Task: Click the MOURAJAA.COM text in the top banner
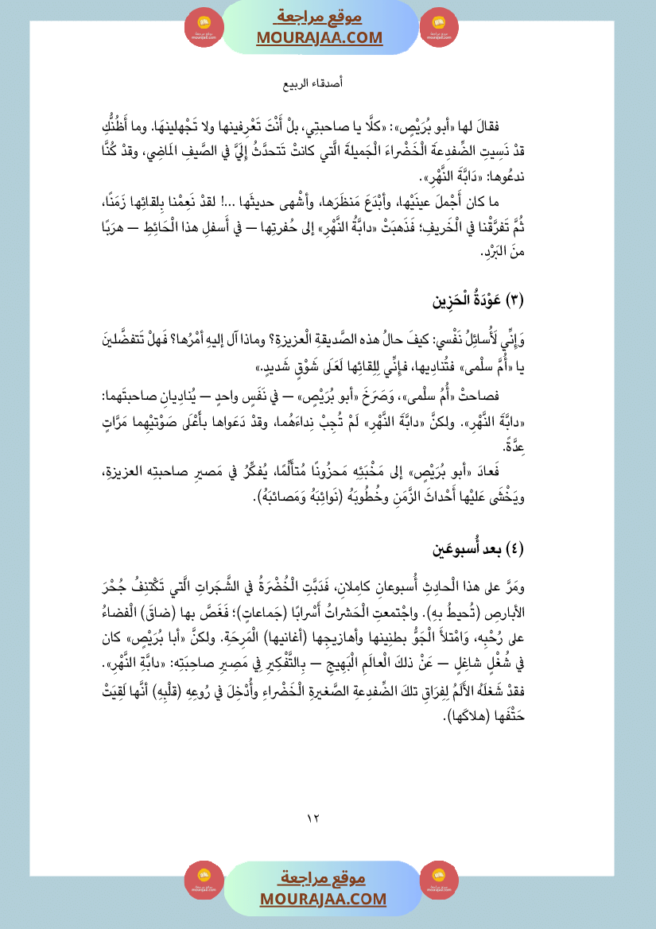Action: pyautogui.click(x=320, y=37)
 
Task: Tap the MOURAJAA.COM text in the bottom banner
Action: pyautogui.click(x=323, y=899)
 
